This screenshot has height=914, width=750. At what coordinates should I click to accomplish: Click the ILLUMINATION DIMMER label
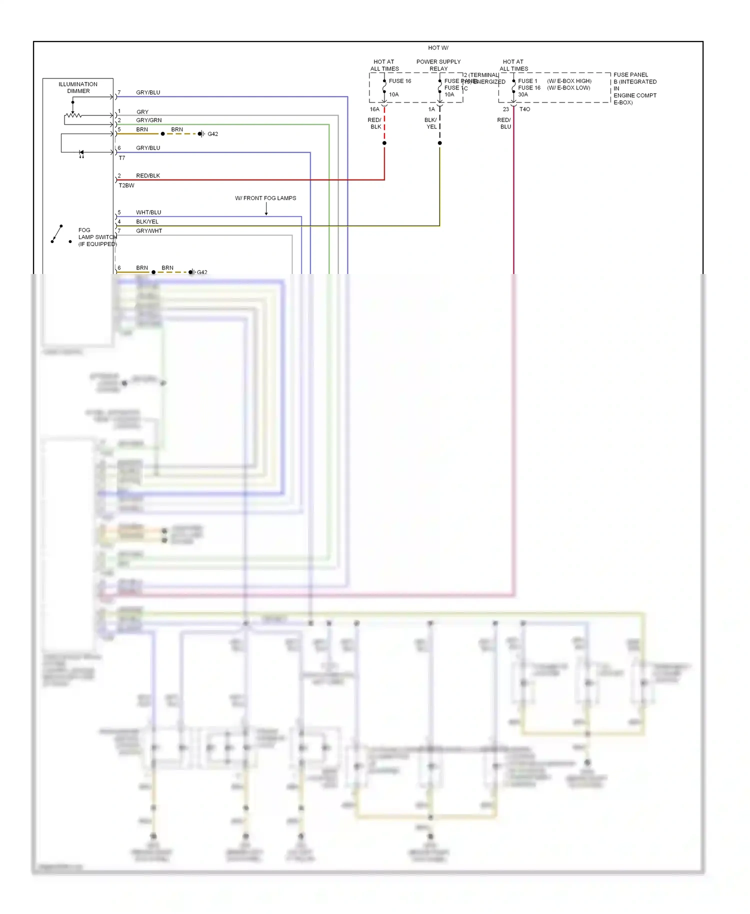click(78, 87)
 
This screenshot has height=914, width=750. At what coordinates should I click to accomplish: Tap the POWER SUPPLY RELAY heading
click(438, 65)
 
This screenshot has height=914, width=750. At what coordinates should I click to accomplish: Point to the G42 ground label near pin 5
click(212, 134)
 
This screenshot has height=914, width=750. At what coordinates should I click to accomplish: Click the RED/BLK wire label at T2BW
click(148, 175)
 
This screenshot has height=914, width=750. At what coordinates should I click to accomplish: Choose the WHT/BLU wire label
click(148, 212)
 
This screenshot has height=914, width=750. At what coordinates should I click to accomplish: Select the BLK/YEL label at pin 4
click(147, 221)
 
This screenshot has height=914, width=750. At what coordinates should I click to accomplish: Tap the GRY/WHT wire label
click(149, 231)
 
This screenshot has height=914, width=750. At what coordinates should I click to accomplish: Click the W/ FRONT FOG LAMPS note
click(265, 198)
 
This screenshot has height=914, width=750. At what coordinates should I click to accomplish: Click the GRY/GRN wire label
click(148, 120)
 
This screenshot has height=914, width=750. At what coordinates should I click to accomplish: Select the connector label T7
click(122, 158)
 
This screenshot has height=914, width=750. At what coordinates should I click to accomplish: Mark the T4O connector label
click(524, 109)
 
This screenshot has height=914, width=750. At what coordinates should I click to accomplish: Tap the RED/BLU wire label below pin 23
click(504, 123)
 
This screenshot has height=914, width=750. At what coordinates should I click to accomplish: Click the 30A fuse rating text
click(523, 94)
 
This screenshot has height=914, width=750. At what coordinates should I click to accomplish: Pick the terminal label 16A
click(374, 109)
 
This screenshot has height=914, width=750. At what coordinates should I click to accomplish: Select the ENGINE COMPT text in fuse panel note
click(635, 95)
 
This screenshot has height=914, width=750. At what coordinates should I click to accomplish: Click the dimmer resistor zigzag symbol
click(73, 115)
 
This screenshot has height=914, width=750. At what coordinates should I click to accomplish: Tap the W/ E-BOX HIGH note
click(569, 81)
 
